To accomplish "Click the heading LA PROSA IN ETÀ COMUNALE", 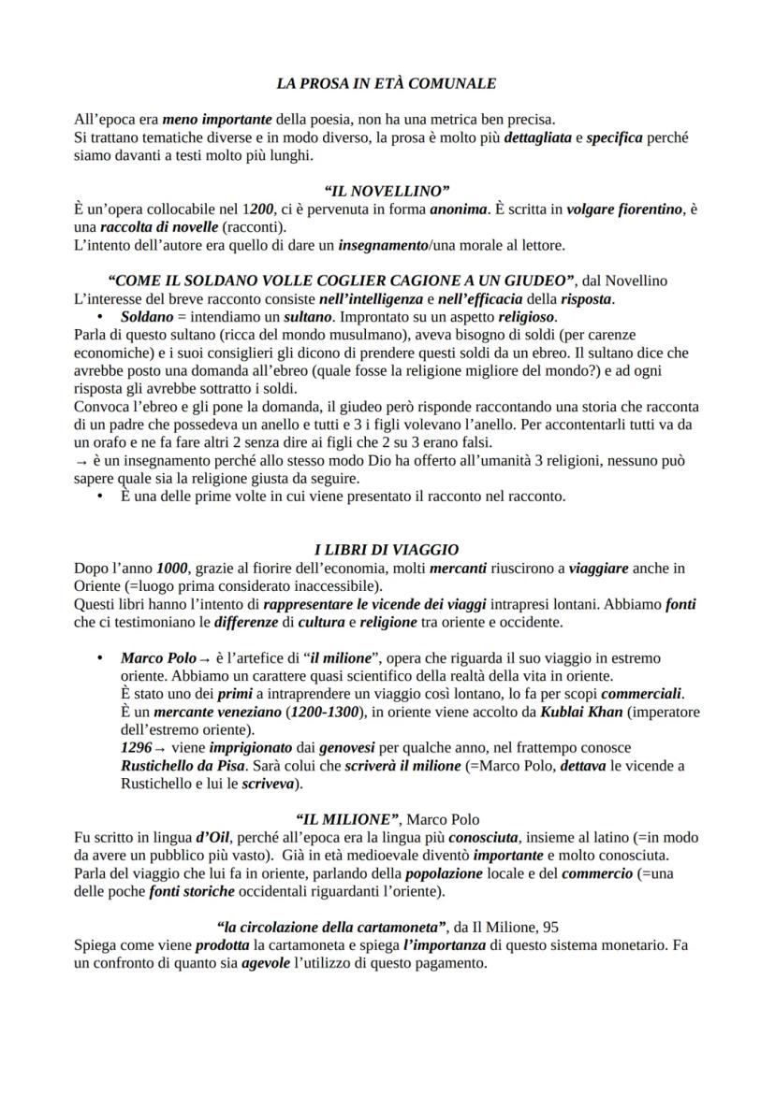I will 387,83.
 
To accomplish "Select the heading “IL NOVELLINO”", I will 387,192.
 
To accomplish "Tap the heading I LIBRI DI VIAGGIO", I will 386,550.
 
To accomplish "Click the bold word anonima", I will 458,209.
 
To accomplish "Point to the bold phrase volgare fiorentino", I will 624,209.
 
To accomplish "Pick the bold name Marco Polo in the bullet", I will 158,658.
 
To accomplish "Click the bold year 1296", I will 137,748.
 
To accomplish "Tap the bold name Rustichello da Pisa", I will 183,766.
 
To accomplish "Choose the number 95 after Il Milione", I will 549,928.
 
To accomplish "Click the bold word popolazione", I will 444,873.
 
